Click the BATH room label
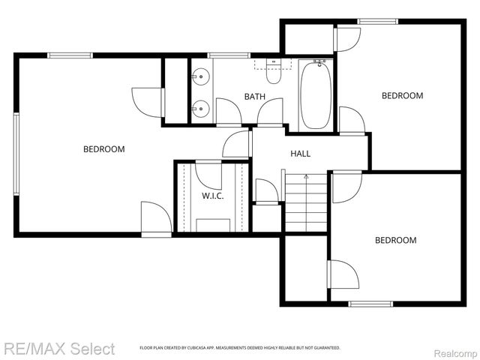click(254, 97)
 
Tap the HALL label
click(300, 154)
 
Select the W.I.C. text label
click(212, 196)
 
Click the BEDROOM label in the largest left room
click(103, 149)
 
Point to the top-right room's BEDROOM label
click(402, 96)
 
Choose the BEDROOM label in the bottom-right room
click(395, 241)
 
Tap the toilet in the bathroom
click(274, 73)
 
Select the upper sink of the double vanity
click(200, 76)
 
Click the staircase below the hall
click(306, 202)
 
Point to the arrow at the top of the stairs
click(306, 176)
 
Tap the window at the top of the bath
click(229, 55)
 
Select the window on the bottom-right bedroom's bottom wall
click(370, 304)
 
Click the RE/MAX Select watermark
click(58, 349)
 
